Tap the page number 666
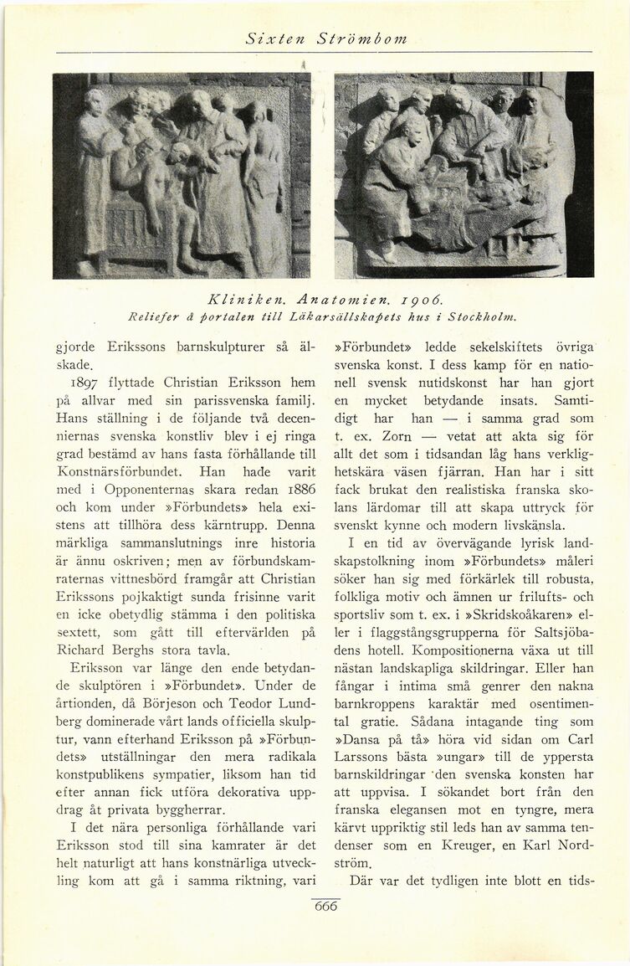pyautogui.click(x=325, y=907)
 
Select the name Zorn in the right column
pyautogui.click(x=397, y=436)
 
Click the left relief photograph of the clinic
pyautogui.click(x=182, y=175)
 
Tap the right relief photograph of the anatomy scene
pyautogui.click(x=464, y=175)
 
